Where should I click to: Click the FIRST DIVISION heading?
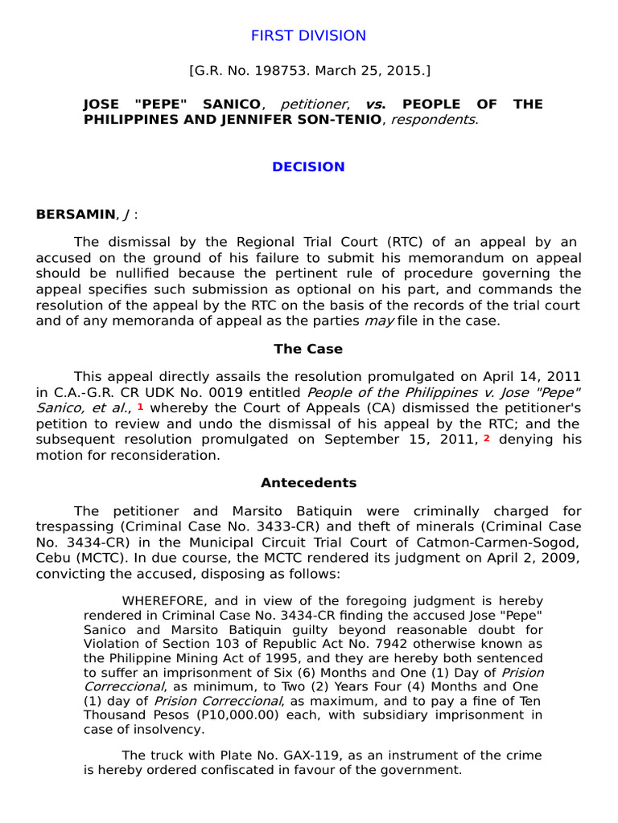tap(308, 35)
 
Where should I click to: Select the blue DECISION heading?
tap(308, 167)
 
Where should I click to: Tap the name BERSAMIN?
tap(74, 214)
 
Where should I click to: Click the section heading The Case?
tap(308, 349)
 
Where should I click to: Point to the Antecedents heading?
tap(308, 483)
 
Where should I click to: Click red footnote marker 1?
tap(141, 407)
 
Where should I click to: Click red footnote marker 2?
tap(486, 438)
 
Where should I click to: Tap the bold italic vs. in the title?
tap(374, 104)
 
